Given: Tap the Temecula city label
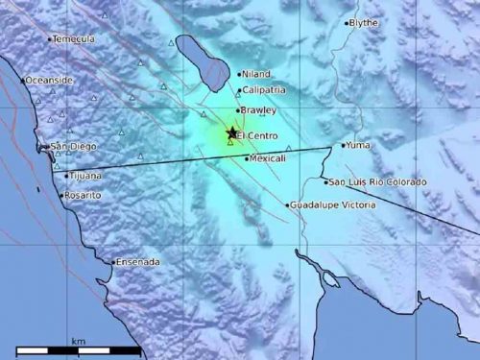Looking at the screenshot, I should coord(74,39).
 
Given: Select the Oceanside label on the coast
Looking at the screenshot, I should coord(49,81).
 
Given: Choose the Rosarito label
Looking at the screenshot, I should coord(84,195).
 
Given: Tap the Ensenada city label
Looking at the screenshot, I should coord(138,261).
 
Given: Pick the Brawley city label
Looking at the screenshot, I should coord(259,111).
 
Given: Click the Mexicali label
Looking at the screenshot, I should coord(268,158).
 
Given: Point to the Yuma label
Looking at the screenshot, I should coord(358,146).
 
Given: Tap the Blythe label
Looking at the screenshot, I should coord(364,22).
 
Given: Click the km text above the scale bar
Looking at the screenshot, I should coord(78,341).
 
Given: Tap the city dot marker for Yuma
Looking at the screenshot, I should coord(343,146).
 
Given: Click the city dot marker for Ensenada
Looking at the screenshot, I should coord(114,261).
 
